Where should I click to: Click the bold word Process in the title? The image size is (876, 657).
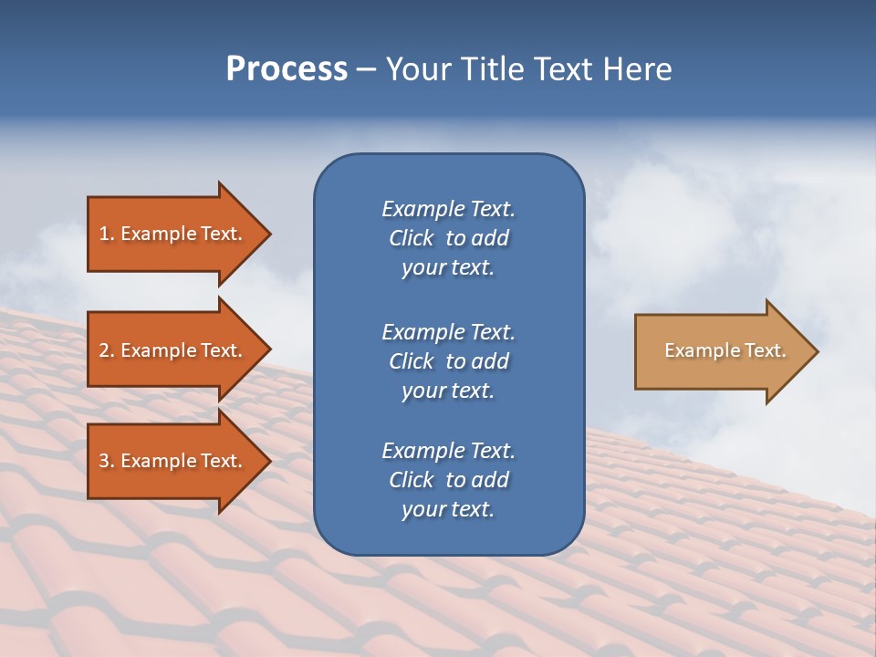click(x=287, y=69)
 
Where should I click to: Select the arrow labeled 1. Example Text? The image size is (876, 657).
click(x=173, y=234)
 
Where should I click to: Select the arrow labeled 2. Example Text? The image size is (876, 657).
click(x=173, y=350)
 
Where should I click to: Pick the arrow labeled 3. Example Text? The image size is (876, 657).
click(x=173, y=461)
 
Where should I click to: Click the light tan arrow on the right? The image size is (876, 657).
click(x=721, y=351)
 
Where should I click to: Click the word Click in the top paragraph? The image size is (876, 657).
click(x=412, y=238)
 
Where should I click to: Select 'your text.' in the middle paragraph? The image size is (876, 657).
click(x=448, y=391)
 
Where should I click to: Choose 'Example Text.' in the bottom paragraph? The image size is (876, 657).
click(x=448, y=451)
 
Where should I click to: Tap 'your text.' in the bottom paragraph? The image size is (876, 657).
click(x=448, y=510)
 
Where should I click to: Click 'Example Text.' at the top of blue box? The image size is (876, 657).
click(x=448, y=209)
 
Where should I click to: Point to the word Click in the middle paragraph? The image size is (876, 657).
click(x=412, y=361)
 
